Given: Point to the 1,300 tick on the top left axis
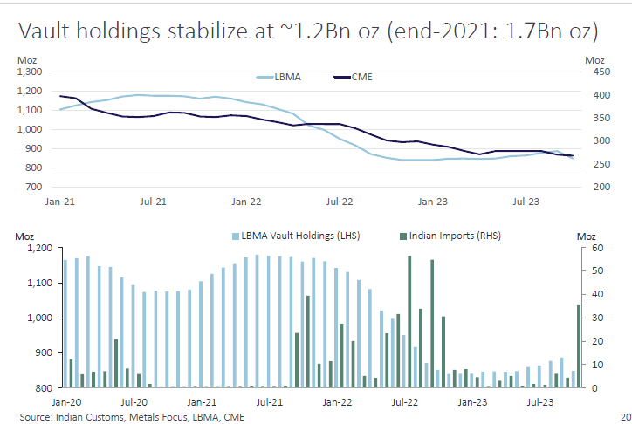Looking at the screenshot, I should [x=30, y=72].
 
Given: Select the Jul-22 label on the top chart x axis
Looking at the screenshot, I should [x=339, y=201].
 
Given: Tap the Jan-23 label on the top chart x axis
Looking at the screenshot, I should [x=433, y=201].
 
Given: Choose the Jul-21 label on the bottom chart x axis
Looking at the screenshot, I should [x=269, y=402].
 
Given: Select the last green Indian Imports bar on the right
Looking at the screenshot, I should [x=579, y=345].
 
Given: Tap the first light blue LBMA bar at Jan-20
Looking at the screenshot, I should [x=65, y=323].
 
